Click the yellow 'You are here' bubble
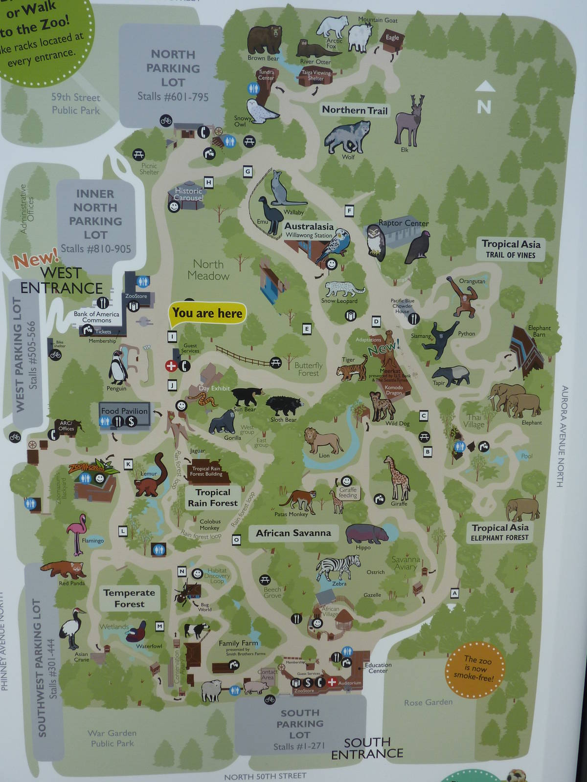tap(207, 314)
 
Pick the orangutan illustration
tap(462, 296)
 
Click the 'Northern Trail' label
tap(355, 110)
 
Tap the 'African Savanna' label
tap(293, 533)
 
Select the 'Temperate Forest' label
tap(129, 598)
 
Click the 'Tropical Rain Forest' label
tap(213, 498)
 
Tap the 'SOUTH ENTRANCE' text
tap(367, 748)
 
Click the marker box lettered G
tap(248, 172)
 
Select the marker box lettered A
tap(454, 593)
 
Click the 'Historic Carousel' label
tap(188, 194)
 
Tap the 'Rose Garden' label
tap(428, 702)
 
